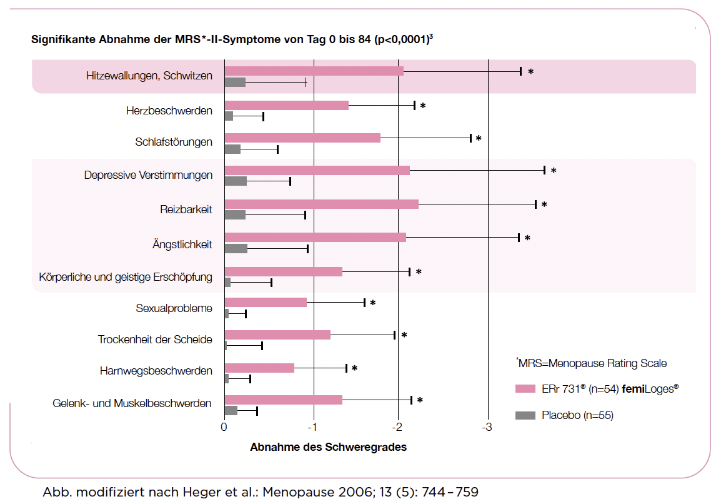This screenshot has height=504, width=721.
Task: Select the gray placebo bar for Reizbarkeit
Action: [x=235, y=214]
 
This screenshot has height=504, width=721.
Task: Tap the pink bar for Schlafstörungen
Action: [x=302, y=138]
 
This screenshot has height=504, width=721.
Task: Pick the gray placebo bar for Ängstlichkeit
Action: [x=236, y=248]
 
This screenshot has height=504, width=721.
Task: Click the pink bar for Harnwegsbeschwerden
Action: [x=259, y=368]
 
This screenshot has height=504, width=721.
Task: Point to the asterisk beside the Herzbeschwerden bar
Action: [x=423, y=106]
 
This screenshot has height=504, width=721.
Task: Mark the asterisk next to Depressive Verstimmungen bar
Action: [x=554, y=171]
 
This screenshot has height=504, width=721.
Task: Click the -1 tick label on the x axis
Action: [x=313, y=428]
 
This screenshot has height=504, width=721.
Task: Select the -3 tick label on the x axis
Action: [x=487, y=428]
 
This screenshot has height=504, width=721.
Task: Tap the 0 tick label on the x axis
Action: [x=224, y=428]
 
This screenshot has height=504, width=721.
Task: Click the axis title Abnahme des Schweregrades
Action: [x=328, y=447]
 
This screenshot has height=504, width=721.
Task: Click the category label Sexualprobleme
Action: [x=174, y=308]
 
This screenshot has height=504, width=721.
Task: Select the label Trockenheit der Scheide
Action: [x=155, y=340]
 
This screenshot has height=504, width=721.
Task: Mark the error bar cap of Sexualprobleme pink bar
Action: [x=364, y=303]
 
